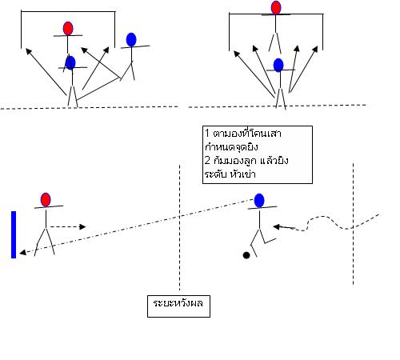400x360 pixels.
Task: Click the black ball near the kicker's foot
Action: tap(246, 255)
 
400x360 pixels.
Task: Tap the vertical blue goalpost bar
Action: tap(14, 234)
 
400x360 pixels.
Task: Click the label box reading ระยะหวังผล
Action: tap(178, 306)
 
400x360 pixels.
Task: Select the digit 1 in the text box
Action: tap(207, 133)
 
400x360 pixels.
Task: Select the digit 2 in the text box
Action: tap(207, 160)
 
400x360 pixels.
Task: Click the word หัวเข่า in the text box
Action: tap(243, 174)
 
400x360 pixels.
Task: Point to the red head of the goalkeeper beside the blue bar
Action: tap(46, 200)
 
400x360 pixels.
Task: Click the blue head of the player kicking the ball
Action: tap(259, 201)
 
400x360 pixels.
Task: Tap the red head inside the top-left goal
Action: tap(68, 29)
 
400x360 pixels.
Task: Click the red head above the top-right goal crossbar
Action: tap(276, 7)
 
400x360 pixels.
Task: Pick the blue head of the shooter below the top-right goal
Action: tap(278, 65)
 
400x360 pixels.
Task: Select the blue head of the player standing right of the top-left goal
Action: tap(131, 40)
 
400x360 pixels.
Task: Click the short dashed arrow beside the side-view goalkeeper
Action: tap(68, 227)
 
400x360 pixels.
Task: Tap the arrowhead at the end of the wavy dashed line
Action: tap(278, 227)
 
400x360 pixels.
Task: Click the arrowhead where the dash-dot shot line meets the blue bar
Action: tap(23, 252)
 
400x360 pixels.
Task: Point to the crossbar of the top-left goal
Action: tap(68, 11)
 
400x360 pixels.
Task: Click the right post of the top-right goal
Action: tap(322, 32)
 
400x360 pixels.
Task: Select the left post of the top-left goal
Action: tap(21, 30)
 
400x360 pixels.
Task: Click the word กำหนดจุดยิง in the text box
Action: tap(231, 147)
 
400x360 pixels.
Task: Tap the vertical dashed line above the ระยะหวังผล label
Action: tap(179, 227)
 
